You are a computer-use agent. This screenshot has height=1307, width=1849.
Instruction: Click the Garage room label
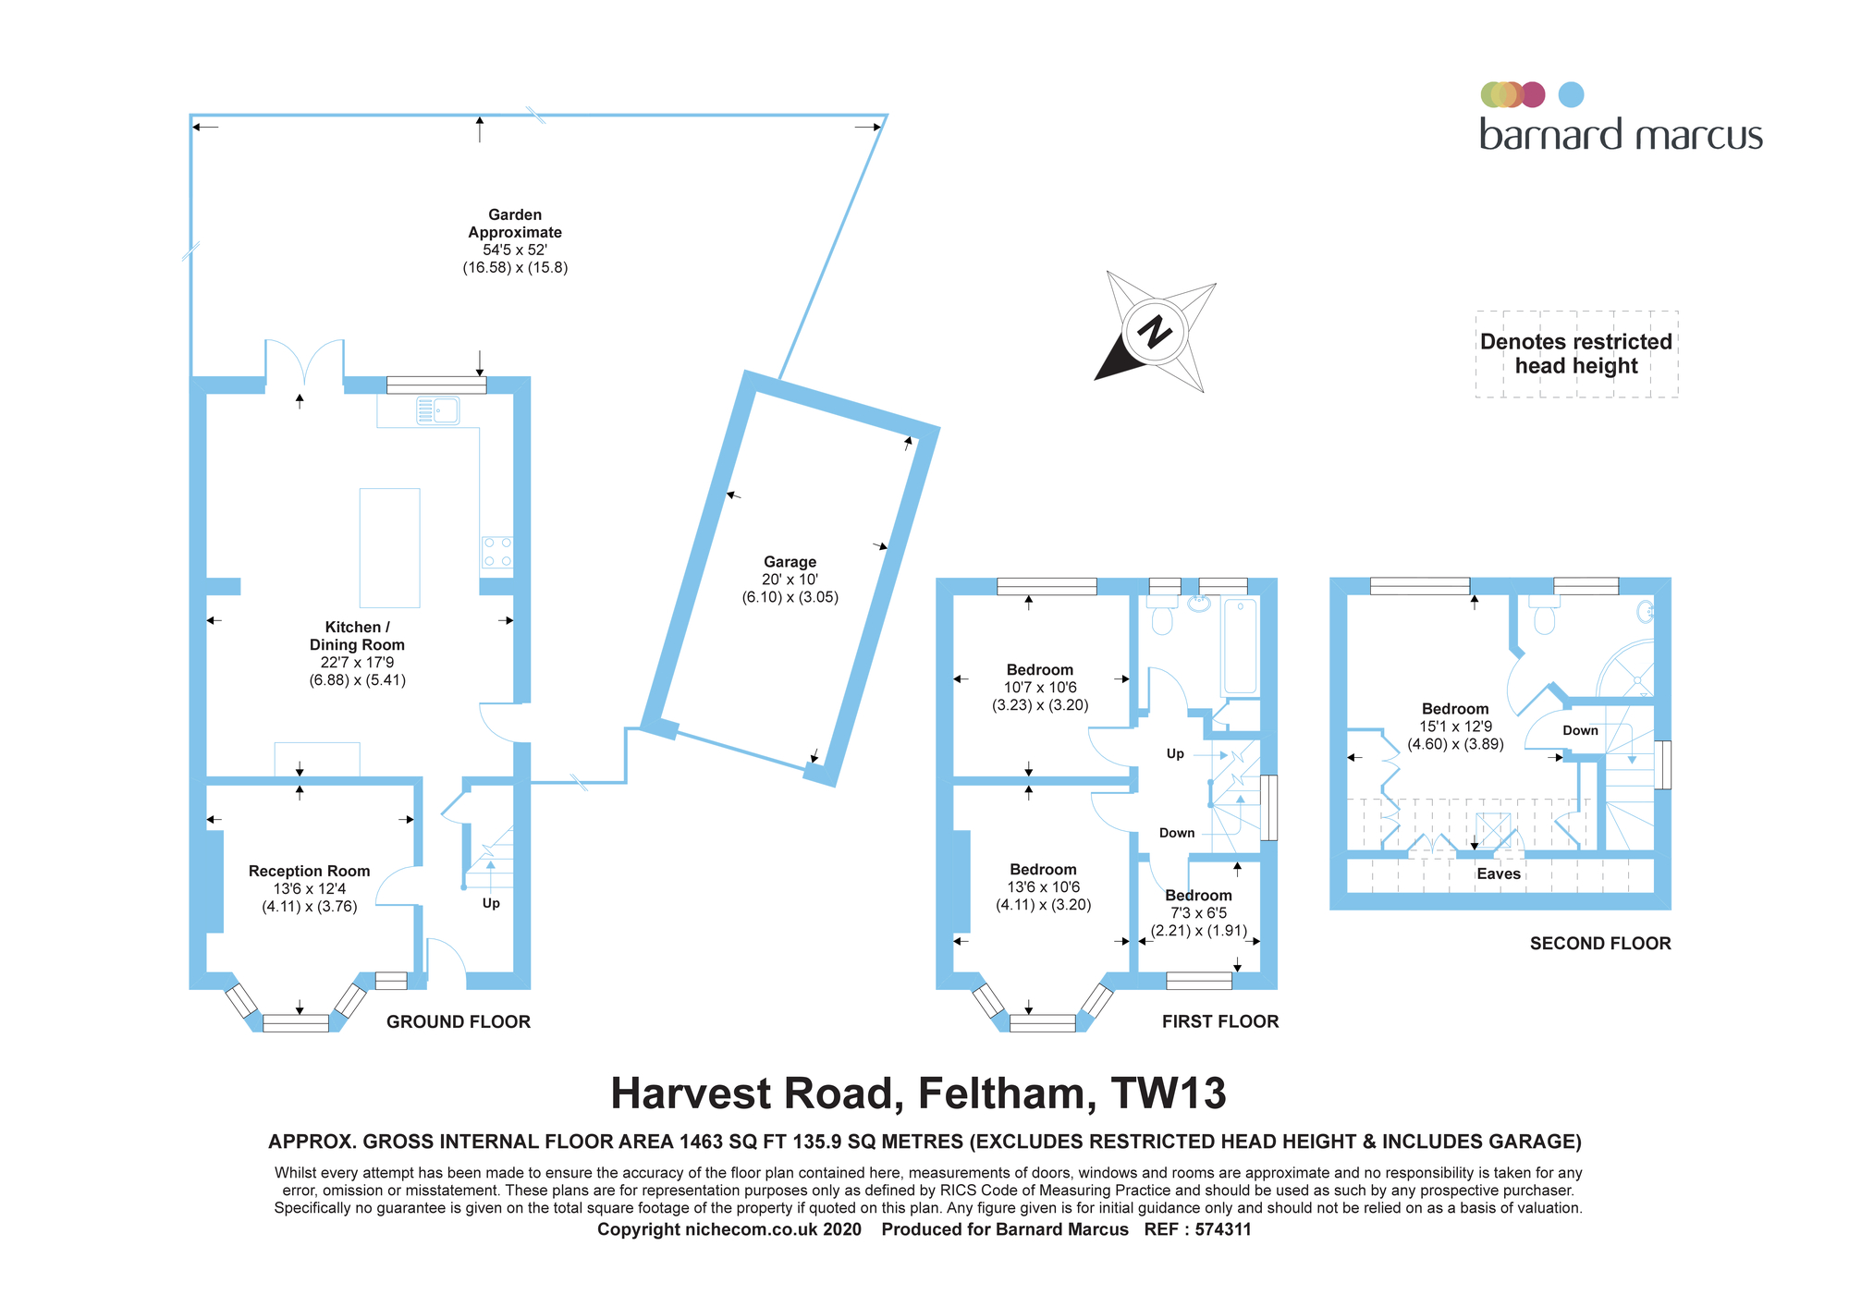tap(790, 562)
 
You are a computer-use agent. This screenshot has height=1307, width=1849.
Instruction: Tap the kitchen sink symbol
tap(438, 409)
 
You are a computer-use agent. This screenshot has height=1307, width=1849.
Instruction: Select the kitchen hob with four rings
tap(497, 552)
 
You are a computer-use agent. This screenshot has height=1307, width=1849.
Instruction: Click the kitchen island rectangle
tap(389, 547)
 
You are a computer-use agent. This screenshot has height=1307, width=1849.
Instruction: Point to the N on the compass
tap(1154, 331)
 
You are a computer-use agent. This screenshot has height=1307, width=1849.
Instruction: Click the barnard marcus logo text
tap(1621, 136)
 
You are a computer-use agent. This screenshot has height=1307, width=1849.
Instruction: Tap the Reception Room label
tap(309, 872)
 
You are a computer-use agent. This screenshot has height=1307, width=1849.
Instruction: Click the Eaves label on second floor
tap(1498, 874)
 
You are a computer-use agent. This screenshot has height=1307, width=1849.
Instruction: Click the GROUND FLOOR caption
tap(459, 1021)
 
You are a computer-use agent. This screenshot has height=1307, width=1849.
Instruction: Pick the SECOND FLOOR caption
tap(1600, 944)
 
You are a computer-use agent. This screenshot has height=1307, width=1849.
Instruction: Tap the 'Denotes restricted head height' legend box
tap(1576, 354)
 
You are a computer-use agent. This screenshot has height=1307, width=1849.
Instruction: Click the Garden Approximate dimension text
tap(515, 250)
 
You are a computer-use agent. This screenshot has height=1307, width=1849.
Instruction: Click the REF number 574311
tap(1223, 1229)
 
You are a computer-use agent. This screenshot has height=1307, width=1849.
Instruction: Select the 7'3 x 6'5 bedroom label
tap(1198, 913)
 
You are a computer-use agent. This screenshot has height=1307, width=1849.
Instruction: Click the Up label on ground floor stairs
tap(491, 903)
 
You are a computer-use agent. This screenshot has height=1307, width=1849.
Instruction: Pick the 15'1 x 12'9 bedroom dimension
tap(1455, 727)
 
